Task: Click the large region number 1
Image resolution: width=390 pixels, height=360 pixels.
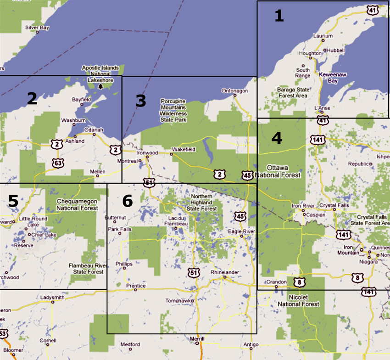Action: tap(279, 16)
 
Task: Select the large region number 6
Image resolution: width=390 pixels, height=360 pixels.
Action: tap(127, 201)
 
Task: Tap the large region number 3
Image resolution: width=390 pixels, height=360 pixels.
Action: tap(141, 101)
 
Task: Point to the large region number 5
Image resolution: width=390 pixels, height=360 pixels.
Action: tap(13, 201)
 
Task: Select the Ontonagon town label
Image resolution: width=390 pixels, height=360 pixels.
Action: tap(234, 91)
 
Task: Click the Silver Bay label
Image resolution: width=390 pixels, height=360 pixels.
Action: tap(37, 28)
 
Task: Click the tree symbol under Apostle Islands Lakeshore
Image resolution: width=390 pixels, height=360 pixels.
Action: tap(101, 86)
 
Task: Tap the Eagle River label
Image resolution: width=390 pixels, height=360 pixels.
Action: tap(241, 231)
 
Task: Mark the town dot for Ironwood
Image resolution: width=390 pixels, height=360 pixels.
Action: tap(147, 157)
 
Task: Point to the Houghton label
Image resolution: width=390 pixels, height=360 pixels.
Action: tap(310, 53)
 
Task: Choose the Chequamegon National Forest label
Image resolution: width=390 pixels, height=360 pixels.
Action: tap(77, 205)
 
